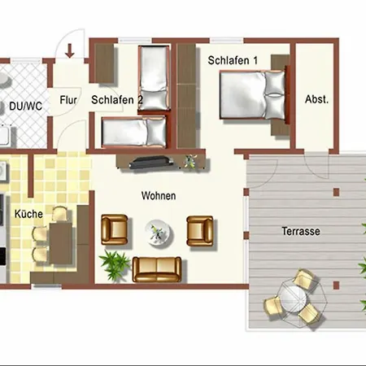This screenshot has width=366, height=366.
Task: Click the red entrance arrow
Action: click(x=70, y=50)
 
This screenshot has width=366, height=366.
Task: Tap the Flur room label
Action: click(x=68, y=100)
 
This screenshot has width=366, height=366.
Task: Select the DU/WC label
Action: click(x=26, y=106)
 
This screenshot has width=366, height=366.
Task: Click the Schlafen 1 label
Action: click(x=233, y=60)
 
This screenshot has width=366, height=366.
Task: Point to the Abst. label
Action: click(x=316, y=99)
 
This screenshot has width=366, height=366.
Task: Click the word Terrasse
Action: click(x=301, y=231)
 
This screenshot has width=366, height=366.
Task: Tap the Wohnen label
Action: click(x=159, y=196)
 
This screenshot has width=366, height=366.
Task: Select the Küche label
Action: click(x=28, y=214)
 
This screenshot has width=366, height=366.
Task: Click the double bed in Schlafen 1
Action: click(x=253, y=95)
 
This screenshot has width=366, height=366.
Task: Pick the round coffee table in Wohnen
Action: click(x=158, y=233)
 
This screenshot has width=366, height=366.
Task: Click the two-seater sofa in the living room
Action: click(x=157, y=269)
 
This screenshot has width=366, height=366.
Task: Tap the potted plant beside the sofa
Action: click(x=115, y=264)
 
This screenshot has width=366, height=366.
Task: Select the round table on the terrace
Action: click(x=293, y=300)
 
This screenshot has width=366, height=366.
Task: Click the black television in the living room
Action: click(x=151, y=163)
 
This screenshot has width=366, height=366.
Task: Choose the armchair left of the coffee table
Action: click(x=115, y=229)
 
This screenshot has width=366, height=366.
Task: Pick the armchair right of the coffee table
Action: click(x=200, y=231)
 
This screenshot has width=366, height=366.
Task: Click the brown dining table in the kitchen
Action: click(x=61, y=243)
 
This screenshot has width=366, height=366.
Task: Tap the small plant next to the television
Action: click(x=190, y=161)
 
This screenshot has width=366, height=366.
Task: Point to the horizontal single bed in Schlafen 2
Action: click(x=134, y=133)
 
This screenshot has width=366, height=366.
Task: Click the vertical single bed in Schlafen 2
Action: click(x=154, y=78)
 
